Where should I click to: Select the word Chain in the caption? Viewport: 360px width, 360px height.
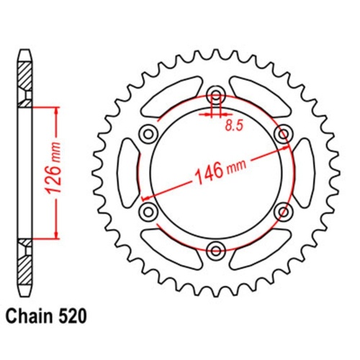[33, 316]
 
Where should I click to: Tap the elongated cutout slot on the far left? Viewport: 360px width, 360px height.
[127, 172]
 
